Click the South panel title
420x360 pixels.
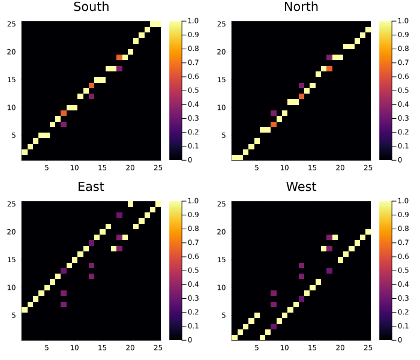click(x=91, y=7)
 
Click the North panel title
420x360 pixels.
click(x=301, y=7)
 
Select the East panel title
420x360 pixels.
click(x=91, y=187)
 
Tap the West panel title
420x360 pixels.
click(x=301, y=187)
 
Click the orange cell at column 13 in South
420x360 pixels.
click(x=91, y=85)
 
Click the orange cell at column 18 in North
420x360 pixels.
click(x=329, y=68)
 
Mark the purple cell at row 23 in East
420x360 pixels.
click(x=119, y=215)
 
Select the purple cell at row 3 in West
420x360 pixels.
click(x=274, y=326)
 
